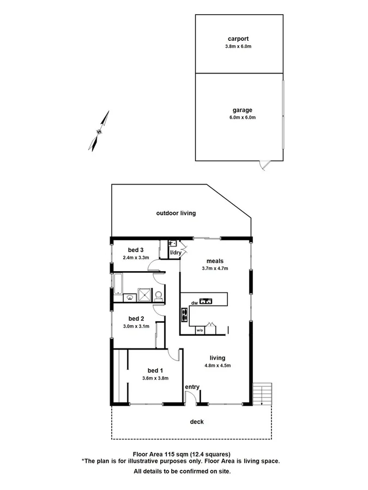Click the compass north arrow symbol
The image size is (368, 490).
click(99, 131)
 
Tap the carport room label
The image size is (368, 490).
click(238, 39)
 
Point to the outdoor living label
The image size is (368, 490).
click(176, 213)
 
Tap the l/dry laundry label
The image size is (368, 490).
click(176, 253)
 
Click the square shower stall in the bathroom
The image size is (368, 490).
click(143, 294)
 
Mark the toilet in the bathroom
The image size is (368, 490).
click(159, 296)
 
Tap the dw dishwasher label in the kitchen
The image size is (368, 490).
click(194, 303)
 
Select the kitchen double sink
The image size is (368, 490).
click(207, 301)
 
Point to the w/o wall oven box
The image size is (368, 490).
click(200, 330)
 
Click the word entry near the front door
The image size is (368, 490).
click(192, 387)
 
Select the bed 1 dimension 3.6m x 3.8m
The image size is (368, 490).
click(155, 378)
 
